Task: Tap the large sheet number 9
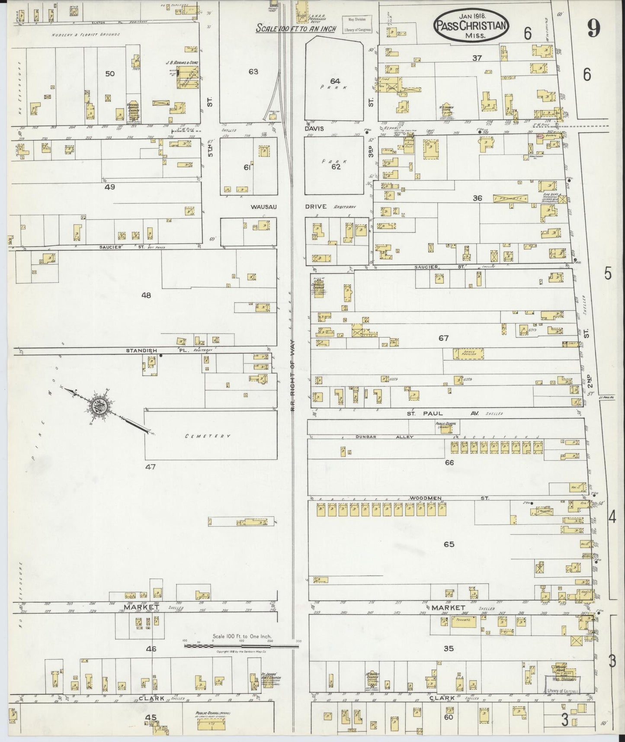coord(593,29)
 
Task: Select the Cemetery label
coord(208,436)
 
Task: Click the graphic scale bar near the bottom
coord(241,646)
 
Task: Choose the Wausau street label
coord(263,207)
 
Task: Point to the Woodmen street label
coord(428,498)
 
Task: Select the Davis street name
coord(314,129)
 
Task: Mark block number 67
coord(443,338)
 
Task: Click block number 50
coord(110,74)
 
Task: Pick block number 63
coord(253,71)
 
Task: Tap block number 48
coord(146,295)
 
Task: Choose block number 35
coord(449,648)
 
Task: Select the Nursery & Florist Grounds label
coord(85,34)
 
